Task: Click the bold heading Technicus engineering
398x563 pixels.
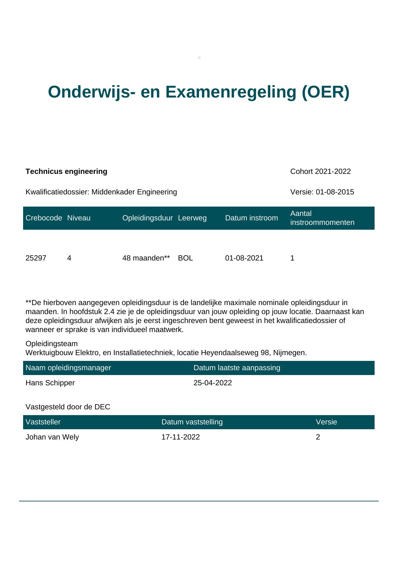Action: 66,172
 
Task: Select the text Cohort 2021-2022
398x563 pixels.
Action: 320,172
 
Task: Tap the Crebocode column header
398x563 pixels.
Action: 44,218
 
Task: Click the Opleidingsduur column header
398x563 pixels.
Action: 147,218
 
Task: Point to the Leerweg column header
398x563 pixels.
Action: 192,218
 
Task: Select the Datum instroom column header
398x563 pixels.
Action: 251,218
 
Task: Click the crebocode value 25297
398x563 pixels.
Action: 36,258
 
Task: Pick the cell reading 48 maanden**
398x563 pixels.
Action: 146,258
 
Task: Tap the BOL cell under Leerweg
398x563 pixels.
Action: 186,258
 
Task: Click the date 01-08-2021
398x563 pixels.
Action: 244,258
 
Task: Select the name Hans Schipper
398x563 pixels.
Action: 50,383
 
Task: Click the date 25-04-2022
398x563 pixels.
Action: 212,383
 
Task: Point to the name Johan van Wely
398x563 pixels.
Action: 52,437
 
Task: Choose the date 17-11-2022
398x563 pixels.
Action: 180,437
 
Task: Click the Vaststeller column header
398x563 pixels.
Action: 43,422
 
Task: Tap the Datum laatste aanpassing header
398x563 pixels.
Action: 237,368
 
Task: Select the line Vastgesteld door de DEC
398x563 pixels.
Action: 68,407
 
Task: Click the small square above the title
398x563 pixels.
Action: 199,58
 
